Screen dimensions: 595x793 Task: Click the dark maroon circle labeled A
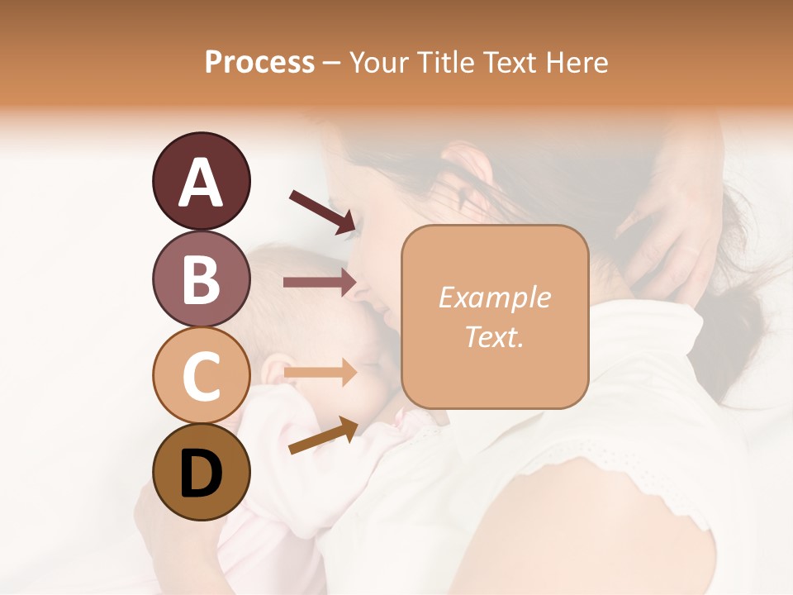(x=202, y=182)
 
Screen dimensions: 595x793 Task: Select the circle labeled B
(x=202, y=278)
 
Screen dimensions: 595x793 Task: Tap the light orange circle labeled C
(x=202, y=375)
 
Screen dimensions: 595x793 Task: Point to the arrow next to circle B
(x=320, y=283)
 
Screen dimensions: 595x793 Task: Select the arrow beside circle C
(x=320, y=373)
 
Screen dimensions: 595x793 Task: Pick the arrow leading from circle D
(x=323, y=436)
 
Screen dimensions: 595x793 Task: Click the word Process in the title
(x=259, y=62)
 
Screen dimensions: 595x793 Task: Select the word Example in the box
(x=494, y=297)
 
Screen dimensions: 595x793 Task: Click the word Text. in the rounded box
(x=494, y=337)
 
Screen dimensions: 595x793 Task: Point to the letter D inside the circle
(x=202, y=474)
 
